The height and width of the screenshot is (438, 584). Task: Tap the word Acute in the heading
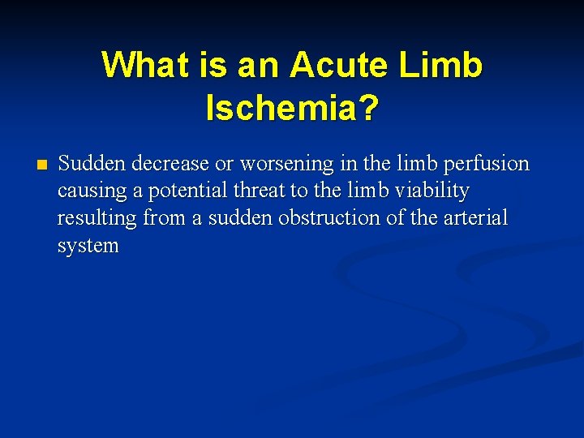[338, 65]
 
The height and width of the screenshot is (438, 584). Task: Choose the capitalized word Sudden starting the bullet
[92, 164]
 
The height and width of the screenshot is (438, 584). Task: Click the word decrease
[168, 164]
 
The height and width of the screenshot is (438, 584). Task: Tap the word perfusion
[489, 164]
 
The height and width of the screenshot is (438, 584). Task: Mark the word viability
[432, 191]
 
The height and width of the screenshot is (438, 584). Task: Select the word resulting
[97, 218]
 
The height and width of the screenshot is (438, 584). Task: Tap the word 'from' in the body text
[165, 218]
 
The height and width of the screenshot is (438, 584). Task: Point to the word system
[88, 246]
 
